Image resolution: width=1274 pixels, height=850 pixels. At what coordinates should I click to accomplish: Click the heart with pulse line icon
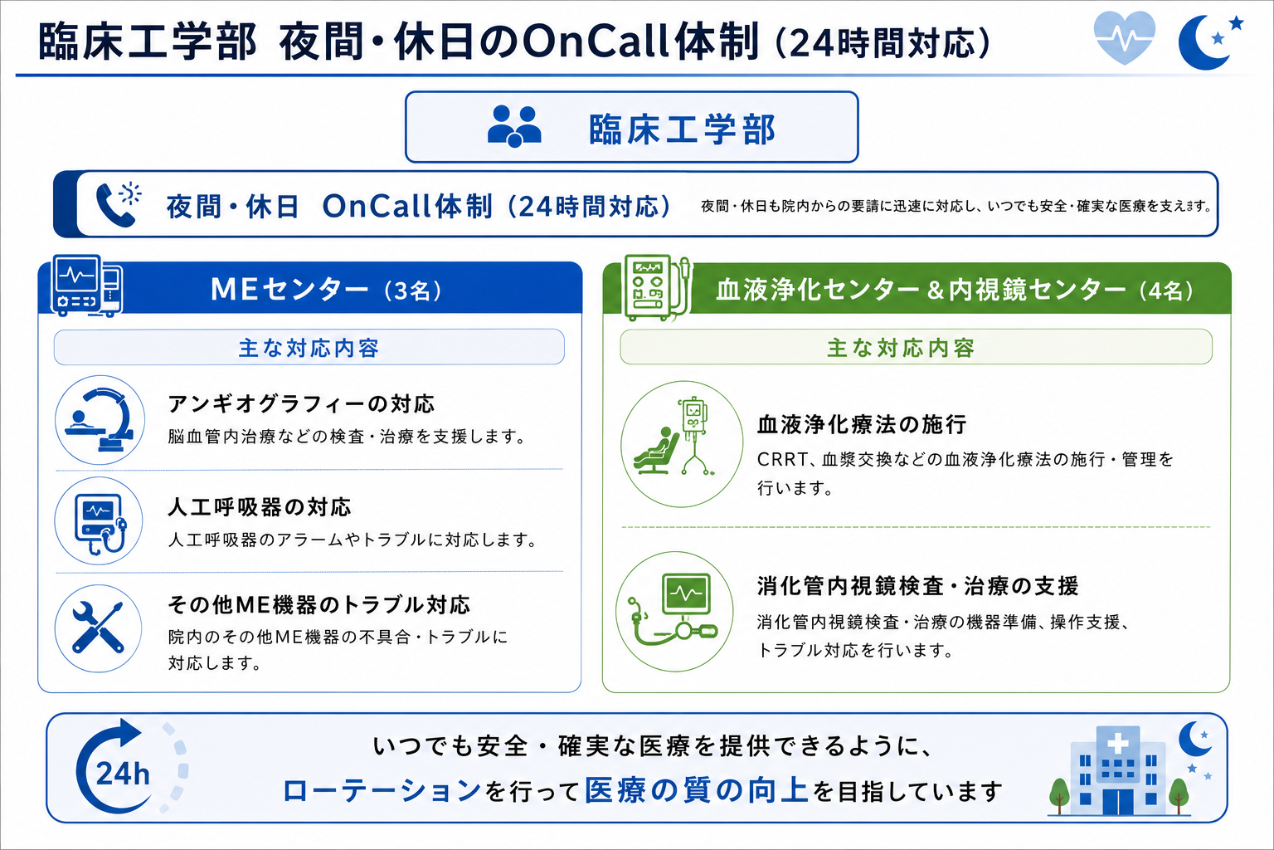1125,37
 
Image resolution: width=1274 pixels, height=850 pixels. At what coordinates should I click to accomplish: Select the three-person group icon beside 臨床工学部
514,126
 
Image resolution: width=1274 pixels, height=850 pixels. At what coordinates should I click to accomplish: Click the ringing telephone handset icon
118,204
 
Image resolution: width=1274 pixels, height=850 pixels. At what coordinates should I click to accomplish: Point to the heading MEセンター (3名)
326,289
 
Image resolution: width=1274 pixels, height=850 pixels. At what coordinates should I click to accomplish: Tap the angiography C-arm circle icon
100,420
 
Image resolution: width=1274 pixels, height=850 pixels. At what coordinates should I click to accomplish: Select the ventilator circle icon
99,521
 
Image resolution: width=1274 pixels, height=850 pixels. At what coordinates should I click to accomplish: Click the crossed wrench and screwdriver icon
99,628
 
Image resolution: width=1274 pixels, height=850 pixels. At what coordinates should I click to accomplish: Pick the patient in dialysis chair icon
681,444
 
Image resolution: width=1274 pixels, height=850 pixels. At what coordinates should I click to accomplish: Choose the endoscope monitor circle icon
674,612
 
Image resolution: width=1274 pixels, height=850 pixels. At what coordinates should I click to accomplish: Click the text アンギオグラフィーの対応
301,404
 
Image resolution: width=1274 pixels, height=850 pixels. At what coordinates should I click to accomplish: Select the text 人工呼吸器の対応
260,506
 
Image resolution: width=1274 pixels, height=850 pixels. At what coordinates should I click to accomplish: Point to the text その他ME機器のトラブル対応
319,604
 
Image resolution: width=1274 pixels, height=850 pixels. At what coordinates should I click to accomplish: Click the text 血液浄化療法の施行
862,425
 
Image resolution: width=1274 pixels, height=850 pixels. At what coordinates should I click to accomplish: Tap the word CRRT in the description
783,459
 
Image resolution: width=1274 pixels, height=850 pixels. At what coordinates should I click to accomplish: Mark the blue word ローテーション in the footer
382,791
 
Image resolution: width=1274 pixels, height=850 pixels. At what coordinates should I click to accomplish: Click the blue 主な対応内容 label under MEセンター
309,348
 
